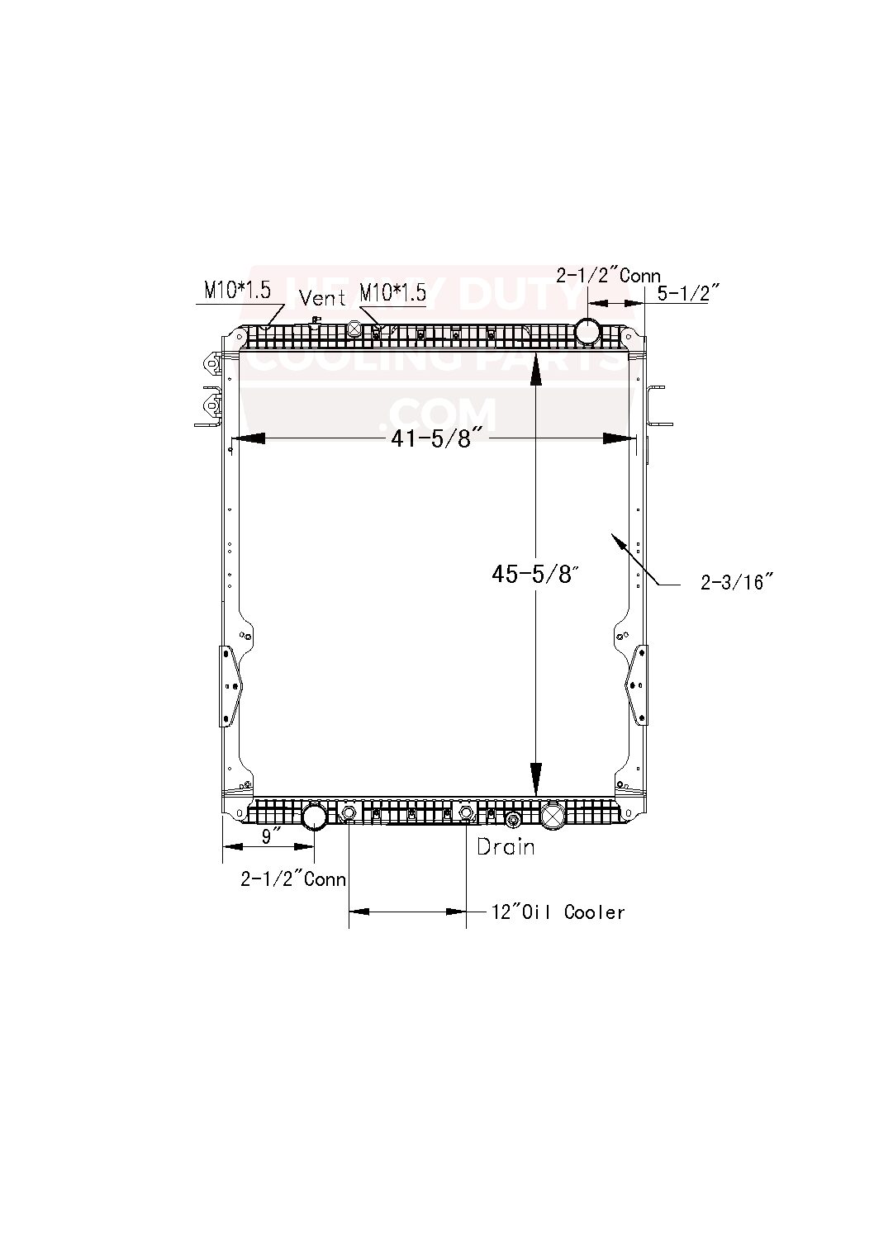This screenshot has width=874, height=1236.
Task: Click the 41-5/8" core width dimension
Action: (x=430, y=438)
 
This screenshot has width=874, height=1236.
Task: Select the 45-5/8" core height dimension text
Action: (x=532, y=574)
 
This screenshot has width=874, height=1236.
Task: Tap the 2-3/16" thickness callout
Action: (x=736, y=583)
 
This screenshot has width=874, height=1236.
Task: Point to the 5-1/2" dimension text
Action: (x=689, y=293)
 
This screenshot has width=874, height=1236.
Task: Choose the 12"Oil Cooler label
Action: (x=558, y=912)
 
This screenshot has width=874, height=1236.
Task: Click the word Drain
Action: (x=506, y=846)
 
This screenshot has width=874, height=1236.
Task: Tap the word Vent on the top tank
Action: (x=322, y=296)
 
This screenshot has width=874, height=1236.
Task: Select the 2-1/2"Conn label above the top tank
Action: (x=607, y=276)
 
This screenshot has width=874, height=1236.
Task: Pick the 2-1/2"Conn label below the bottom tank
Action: (x=292, y=879)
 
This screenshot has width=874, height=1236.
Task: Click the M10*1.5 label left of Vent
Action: (x=237, y=291)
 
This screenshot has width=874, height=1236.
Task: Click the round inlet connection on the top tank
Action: (x=590, y=330)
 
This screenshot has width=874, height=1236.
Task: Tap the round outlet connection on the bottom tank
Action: (x=315, y=817)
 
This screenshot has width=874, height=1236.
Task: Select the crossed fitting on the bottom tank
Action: (x=551, y=817)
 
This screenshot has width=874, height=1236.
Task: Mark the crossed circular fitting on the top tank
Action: (x=354, y=329)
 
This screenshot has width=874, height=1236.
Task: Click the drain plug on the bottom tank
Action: (x=512, y=821)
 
